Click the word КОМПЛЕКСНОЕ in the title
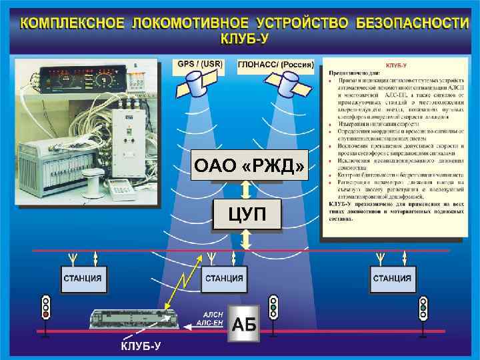point(71,23)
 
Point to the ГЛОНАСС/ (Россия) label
point(275,64)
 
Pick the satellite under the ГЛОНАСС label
point(291,83)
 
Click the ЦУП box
point(246,215)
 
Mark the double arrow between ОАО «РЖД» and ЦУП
point(246,189)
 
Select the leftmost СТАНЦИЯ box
point(83,279)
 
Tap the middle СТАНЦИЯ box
point(224,279)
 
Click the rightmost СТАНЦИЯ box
point(391,279)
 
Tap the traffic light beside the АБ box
point(273,308)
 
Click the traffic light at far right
point(423,308)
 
